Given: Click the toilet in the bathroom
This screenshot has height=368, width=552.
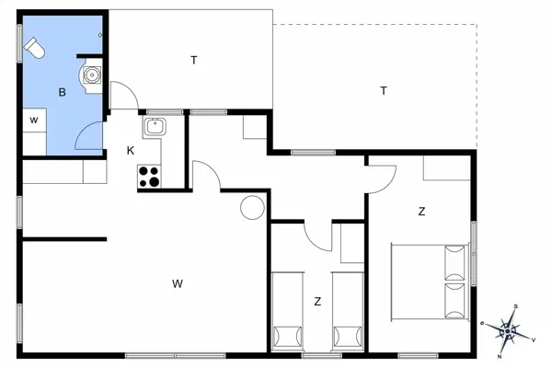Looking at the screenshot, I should (x=34, y=46).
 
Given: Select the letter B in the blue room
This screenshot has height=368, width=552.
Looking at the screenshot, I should (x=62, y=92).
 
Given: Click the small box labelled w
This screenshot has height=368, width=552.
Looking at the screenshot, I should (x=33, y=120).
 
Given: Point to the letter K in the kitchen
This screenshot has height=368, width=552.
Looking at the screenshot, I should (x=131, y=149).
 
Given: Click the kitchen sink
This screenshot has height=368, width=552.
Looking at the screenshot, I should (x=154, y=126).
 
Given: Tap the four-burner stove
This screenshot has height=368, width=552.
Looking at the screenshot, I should (x=149, y=176).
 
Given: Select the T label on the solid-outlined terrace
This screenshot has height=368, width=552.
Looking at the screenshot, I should (x=193, y=61).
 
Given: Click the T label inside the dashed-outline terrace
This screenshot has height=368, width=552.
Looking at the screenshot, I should (x=383, y=90).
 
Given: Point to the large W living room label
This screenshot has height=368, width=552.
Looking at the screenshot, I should (x=177, y=283).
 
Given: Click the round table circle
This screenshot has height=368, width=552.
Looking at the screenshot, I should (x=251, y=208).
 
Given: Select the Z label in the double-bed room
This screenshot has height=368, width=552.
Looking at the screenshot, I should (x=421, y=212).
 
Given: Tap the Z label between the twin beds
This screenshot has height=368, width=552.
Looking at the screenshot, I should (x=317, y=301).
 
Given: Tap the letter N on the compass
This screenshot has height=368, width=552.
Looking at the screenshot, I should (x=499, y=355).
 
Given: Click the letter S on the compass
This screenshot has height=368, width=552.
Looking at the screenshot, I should (x=516, y=307).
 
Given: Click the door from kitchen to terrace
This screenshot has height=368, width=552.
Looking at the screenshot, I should (x=123, y=96).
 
